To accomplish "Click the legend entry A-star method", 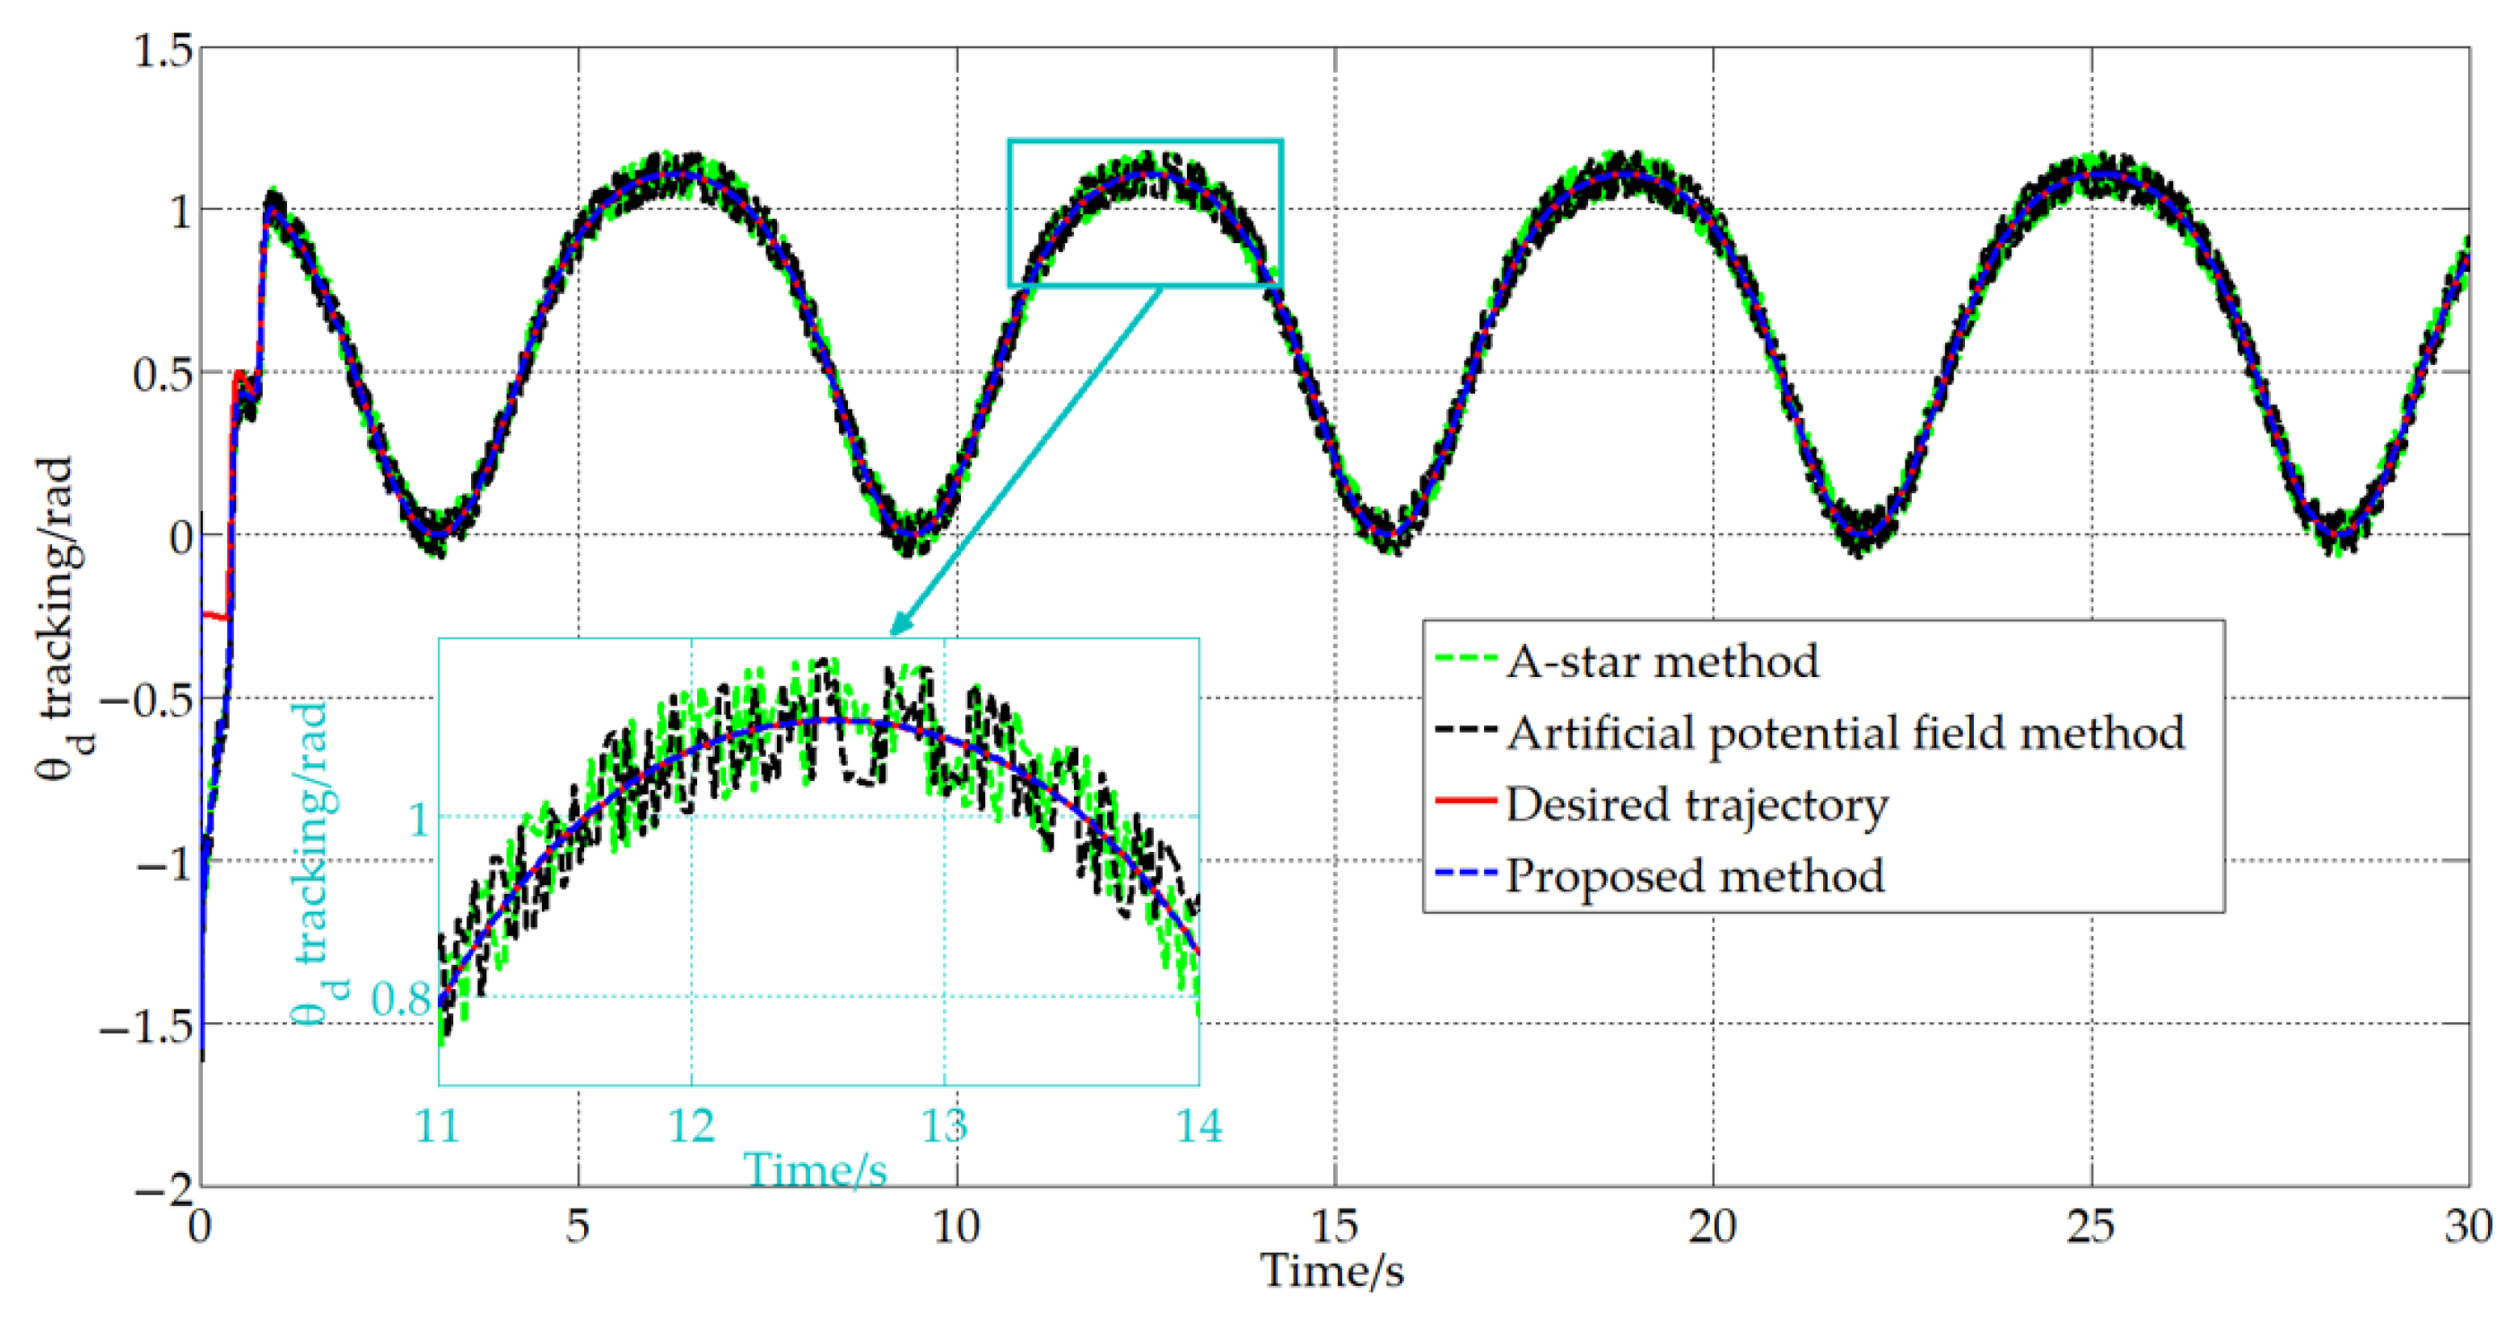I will [1661, 662].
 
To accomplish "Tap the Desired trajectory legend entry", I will [1696, 805].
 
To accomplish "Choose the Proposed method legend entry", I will [1694, 876].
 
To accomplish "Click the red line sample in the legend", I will [1464, 800].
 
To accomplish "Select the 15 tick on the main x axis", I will [1334, 1228].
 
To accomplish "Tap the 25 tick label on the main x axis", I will [2090, 1228].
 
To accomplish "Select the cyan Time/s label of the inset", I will [815, 1169].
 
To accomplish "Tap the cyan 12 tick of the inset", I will [692, 1126].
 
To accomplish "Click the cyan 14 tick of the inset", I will [1199, 1126].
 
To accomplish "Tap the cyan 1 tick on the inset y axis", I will [419, 820].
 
